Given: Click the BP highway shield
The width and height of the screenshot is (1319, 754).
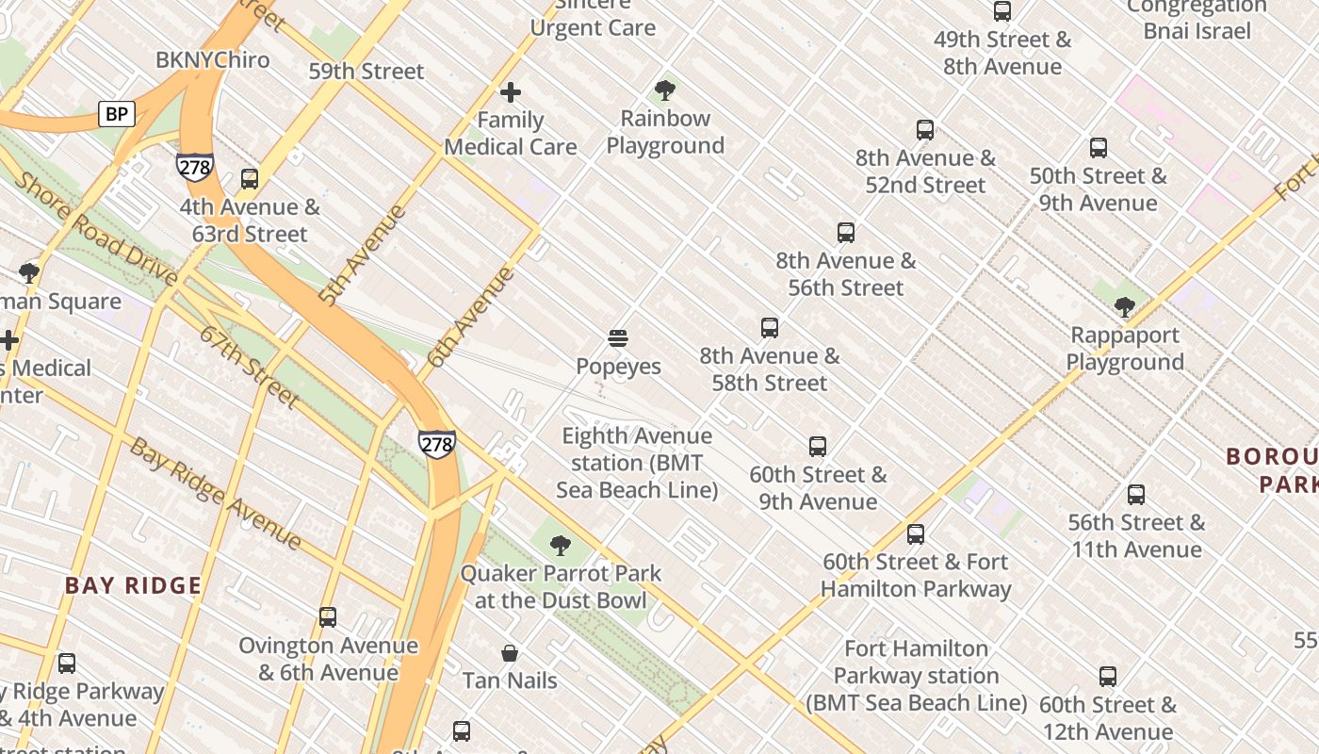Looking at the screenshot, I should tap(117, 115).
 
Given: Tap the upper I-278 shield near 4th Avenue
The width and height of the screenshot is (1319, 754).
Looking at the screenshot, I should tap(194, 166).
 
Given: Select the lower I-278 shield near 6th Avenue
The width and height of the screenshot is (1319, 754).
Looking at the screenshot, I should tap(437, 443).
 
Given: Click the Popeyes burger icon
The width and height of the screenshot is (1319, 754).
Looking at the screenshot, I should tap(618, 338).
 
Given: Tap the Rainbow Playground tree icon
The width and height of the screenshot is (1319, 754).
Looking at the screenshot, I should tap(665, 90).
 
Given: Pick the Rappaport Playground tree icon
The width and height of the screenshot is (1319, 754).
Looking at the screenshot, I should tap(1124, 307).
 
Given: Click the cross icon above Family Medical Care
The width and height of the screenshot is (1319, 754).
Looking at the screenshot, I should tap(511, 92).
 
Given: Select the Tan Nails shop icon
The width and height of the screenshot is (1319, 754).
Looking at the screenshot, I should tap(510, 653).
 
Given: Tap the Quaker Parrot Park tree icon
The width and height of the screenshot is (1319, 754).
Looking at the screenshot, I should tap(561, 545).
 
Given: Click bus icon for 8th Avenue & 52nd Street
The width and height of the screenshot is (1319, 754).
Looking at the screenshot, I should tap(925, 130).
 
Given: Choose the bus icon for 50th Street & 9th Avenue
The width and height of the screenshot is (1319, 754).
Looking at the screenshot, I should tap(1099, 148).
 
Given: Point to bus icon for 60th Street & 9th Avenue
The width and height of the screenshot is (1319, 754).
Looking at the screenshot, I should tap(818, 447).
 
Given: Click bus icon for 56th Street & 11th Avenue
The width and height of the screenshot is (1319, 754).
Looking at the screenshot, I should tap(1136, 495).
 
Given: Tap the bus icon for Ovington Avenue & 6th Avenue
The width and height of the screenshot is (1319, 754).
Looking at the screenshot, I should tap(328, 617).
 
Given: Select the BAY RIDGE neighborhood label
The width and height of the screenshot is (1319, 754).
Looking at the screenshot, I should tap(133, 585).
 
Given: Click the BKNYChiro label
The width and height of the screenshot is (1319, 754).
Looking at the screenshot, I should tap(213, 60).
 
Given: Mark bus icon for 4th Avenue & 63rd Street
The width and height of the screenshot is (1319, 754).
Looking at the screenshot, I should tap(250, 179).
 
